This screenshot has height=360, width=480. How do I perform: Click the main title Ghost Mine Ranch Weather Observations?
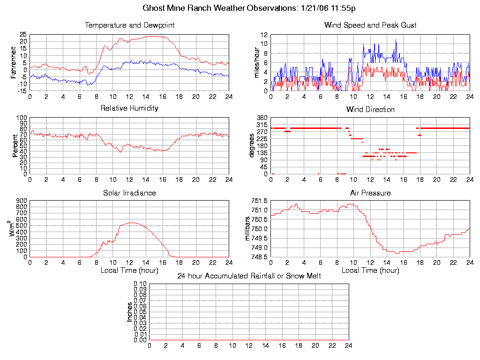(249, 8)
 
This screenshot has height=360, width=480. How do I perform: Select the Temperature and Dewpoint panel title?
(129, 25)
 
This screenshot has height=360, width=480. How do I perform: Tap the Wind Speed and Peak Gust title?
(370, 25)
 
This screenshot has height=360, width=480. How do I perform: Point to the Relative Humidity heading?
(129, 108)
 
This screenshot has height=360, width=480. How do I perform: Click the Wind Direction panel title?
(370, 109)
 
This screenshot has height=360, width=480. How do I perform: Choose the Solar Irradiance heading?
(129, 193)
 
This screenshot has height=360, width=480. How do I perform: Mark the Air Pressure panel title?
(370, 193)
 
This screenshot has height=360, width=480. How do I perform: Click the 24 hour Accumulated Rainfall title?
(249, 276)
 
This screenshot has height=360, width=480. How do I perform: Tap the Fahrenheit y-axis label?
(14, 62)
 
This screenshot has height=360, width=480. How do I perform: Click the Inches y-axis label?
(130, 312)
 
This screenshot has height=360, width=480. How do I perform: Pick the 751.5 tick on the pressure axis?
(259, 201)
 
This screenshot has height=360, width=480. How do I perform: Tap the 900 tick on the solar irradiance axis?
(21, 201)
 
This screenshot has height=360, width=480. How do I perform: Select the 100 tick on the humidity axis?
(21, 118)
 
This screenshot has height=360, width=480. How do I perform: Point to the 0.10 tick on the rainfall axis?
(140, 284)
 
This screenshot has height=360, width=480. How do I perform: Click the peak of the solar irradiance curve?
(132, 223)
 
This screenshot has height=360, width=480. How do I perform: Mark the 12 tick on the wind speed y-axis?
(264, 35)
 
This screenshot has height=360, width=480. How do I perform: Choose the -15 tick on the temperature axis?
(22, 91)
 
